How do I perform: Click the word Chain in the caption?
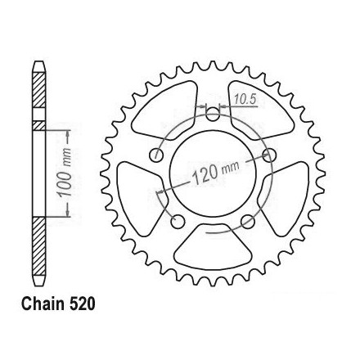43,304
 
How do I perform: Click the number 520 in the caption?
82,304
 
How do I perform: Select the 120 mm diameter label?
215,173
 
